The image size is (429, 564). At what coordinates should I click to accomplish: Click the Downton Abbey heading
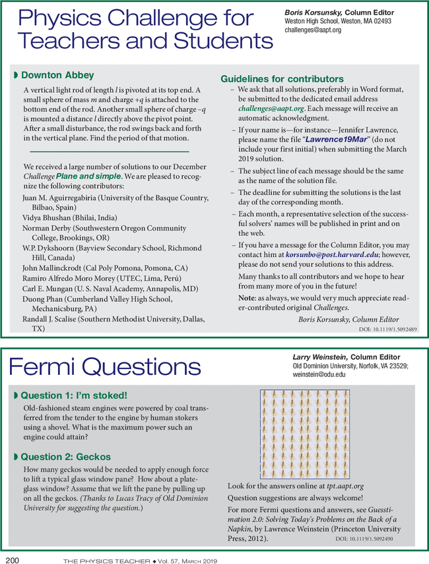(x=57, y=75)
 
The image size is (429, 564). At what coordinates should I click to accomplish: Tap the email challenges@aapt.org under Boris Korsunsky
(x=313, y=30)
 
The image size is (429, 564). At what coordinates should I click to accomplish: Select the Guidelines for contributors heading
(x=282, y=79)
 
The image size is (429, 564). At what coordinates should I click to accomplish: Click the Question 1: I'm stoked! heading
(x=74, y=395)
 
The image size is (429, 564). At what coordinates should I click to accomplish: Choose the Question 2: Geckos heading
(x=66, y=457)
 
